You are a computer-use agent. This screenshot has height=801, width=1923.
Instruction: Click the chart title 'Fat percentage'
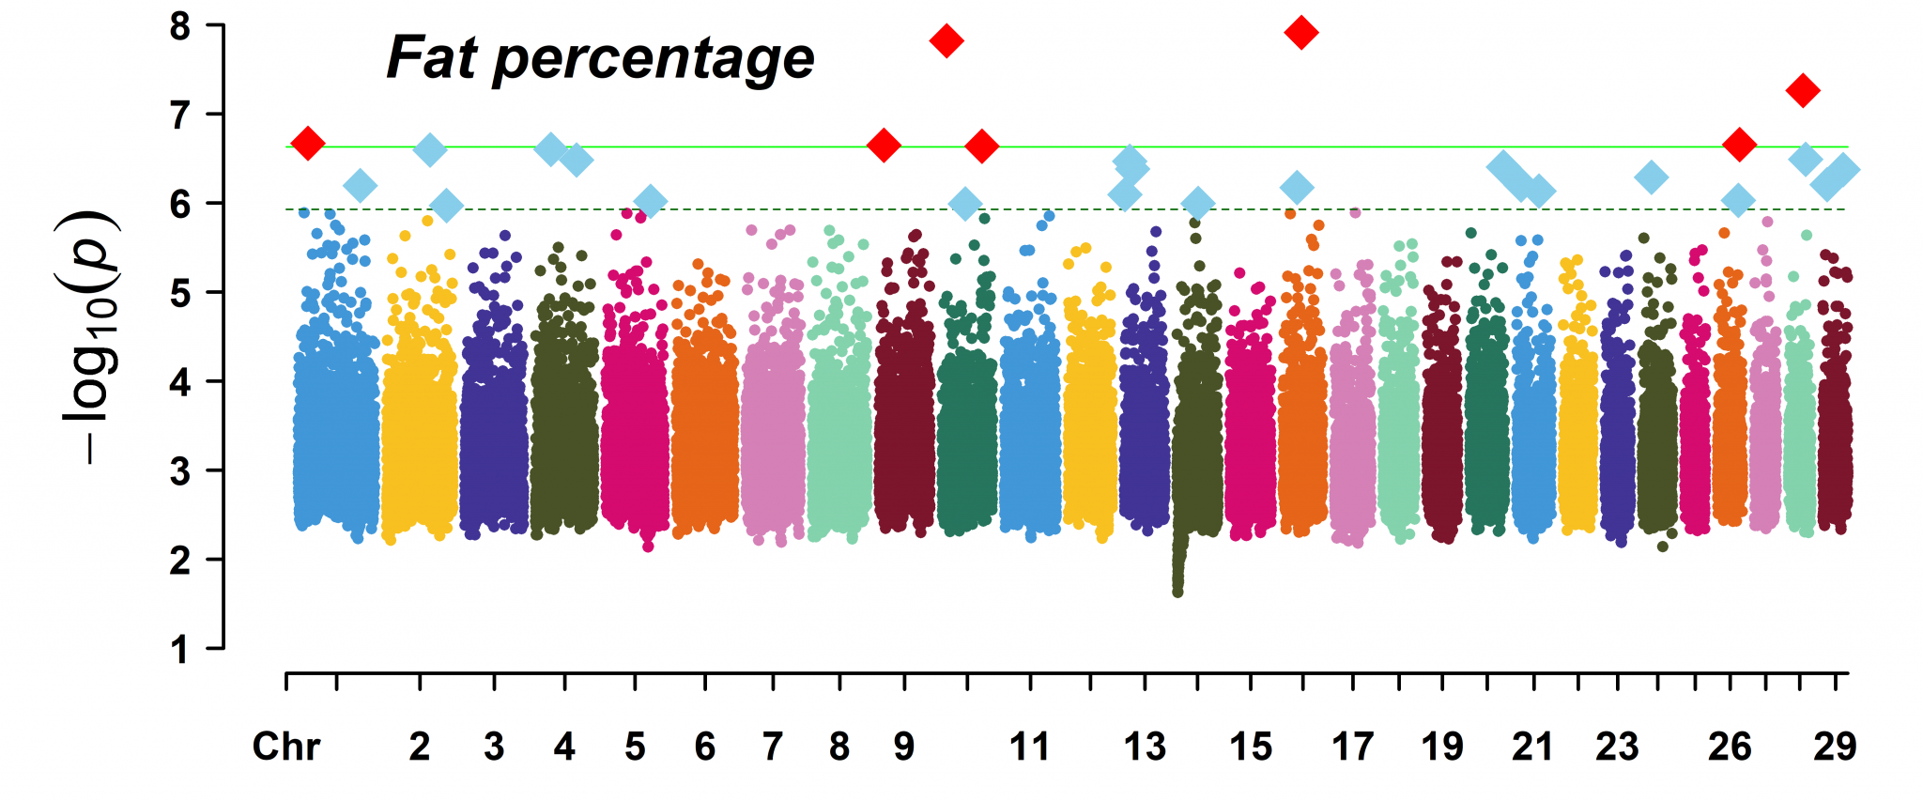pyautogui.click(x=600, y=58)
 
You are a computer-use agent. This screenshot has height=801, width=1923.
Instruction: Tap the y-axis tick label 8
pyautogui.click(x=180, y=26)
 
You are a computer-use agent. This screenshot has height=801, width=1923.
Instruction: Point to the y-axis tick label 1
pyautogui.click(x=180, y=649)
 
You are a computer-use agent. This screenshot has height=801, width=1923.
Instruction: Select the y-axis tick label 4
pyautogui.click(x=180, y=381)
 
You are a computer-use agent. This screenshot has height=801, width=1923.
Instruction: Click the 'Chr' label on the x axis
pyautogui.click(x=286, y=747)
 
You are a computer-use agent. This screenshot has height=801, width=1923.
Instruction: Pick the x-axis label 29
pyautogui.click(x=1835, y=747)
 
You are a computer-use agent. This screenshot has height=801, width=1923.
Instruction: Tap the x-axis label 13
pyautogui.click(x=1145, y=747)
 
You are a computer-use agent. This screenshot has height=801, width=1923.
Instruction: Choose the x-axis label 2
pyautogui.click(x=420, y=747)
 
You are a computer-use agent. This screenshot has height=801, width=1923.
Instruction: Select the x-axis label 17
pyautogui.click(x=1353, y=747)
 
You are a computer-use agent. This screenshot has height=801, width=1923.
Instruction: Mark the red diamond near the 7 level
pyautogui.click(x=1802, y=91)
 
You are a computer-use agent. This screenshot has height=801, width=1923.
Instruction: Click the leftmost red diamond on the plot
pyautogui.click(x=308, y=144)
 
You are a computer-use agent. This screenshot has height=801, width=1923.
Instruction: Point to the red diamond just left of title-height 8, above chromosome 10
pyautogui.click(x=946, y=41)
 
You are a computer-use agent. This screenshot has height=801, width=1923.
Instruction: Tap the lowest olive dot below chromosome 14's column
pyautogui.click(x=1177, y=593)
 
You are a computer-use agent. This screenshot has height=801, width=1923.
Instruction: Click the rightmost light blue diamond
pyautogui.click(x=1843, y=171)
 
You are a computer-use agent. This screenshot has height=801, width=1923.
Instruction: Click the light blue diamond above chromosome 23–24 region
pyautogui.click(x=1651, y=177)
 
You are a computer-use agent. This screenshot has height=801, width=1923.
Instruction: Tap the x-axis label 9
pyautogui.click(x=903, y=747)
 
